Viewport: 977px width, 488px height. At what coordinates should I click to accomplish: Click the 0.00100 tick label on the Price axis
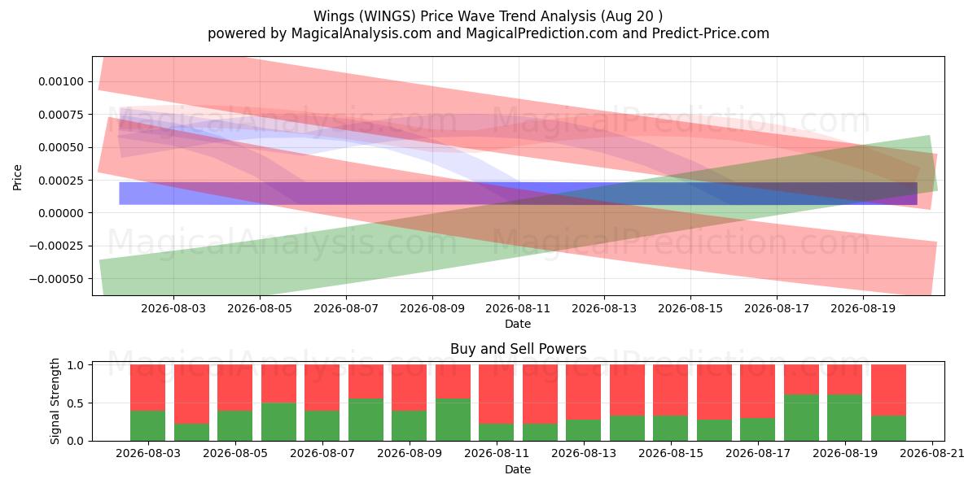(60, 81)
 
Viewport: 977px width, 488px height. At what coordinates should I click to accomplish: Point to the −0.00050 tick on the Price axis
(56, 279)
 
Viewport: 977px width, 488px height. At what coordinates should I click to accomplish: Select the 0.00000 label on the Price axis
(60, 213)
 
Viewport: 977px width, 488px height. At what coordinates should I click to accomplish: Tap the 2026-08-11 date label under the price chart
(518, 308)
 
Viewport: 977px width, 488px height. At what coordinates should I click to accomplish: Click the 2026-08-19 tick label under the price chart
(863, 308)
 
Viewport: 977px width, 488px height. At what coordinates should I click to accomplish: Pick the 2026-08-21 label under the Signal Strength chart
(932, 454)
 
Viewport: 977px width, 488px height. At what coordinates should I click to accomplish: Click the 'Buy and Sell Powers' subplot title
(518, 349)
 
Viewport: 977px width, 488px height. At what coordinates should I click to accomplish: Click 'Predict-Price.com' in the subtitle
(711, 33)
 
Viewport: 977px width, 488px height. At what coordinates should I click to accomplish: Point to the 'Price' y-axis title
(17, 178)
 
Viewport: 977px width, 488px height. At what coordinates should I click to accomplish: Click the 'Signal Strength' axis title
(55, 401)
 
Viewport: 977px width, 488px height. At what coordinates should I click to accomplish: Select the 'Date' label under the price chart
(518, 324)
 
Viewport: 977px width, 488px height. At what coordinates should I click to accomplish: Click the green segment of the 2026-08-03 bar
(148, 425)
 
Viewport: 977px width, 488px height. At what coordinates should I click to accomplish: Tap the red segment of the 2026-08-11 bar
(497, 394)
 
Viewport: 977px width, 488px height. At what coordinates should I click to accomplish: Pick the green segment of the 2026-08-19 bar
(845, 418)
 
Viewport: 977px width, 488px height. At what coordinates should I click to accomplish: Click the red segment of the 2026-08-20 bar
(888, 390)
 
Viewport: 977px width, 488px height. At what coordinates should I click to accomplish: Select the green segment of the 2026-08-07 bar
(322, 425)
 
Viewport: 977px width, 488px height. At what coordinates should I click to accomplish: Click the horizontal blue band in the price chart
(518, 194)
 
